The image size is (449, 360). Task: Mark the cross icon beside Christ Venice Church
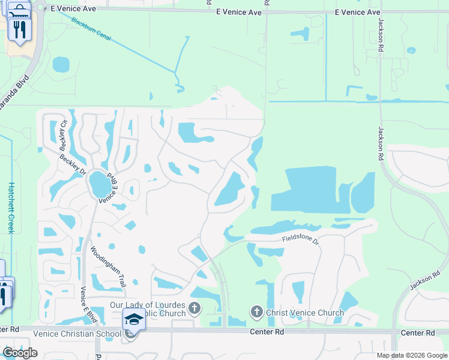pyautogui.click(x=256, y=312)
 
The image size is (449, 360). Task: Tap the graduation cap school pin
pyautogui.click(x=134, y=322)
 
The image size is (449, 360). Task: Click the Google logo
pyautogui.click(x=20, y=352)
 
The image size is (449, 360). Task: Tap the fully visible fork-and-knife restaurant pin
pyautogui.click(x=20, y=28)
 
